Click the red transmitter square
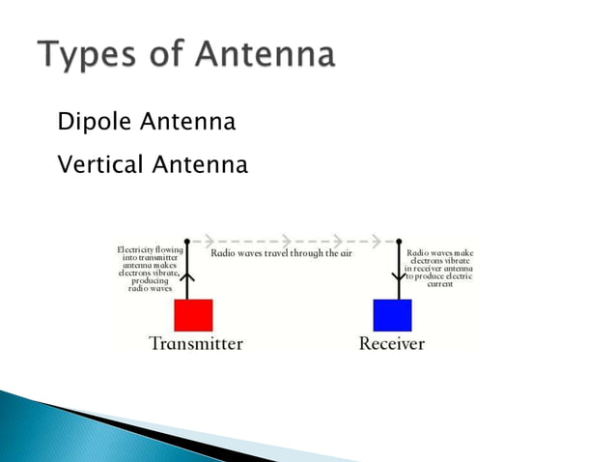[x=193, y=315]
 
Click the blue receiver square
[x=392, y=315]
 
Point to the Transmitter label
[x=196, y=343]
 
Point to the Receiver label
[x=392, y=343]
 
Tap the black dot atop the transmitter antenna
[x=187, y=239]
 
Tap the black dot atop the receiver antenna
[x=398, y=239]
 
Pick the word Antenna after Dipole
[x=188, y=123]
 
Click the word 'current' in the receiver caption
[x=439, y=285]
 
